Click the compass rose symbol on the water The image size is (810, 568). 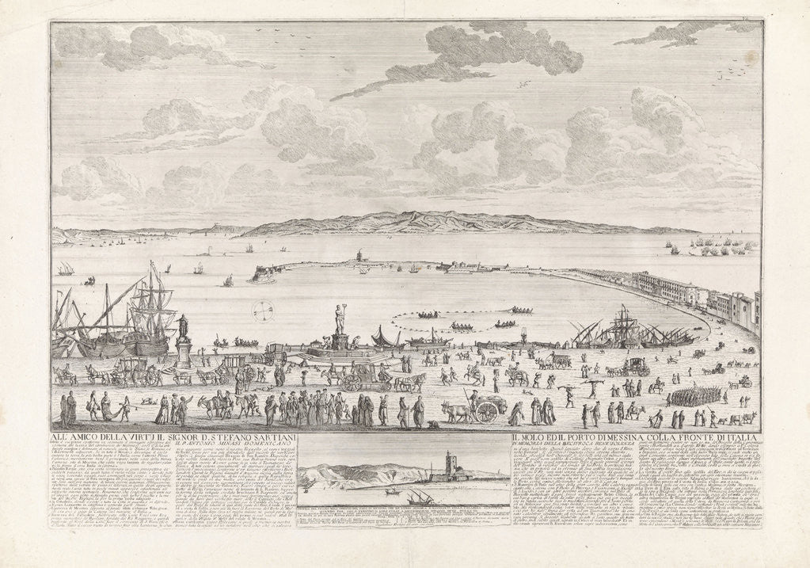click(264, 311)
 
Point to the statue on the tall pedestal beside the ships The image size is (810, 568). click(184, 326)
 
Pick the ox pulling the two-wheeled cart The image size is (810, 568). click(457, 412)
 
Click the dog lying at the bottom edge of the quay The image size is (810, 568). click(432, 426)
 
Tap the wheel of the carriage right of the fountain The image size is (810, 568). click(352, 383)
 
